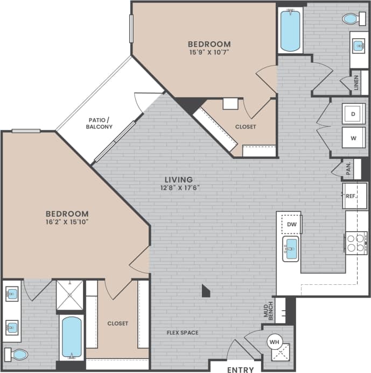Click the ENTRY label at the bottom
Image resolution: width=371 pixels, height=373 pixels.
(240, 370)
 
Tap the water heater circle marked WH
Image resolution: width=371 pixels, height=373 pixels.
(274, 341)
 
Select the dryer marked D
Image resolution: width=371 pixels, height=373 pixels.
(354, 114)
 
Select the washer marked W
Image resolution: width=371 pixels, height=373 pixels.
(354, 138)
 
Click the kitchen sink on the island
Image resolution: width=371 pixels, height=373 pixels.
(291, 249)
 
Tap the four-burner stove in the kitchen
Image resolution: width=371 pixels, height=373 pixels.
(356, 243)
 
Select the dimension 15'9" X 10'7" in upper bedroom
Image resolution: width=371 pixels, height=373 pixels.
(209, 53)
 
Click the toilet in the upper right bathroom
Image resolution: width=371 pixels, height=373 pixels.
(352, 19)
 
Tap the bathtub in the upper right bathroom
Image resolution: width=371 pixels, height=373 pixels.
(290, 30)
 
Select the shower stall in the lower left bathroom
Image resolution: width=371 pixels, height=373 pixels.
(70, 295)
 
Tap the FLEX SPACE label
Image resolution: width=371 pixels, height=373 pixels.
(182, 333)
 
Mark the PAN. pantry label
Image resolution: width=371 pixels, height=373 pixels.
(348, 169)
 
